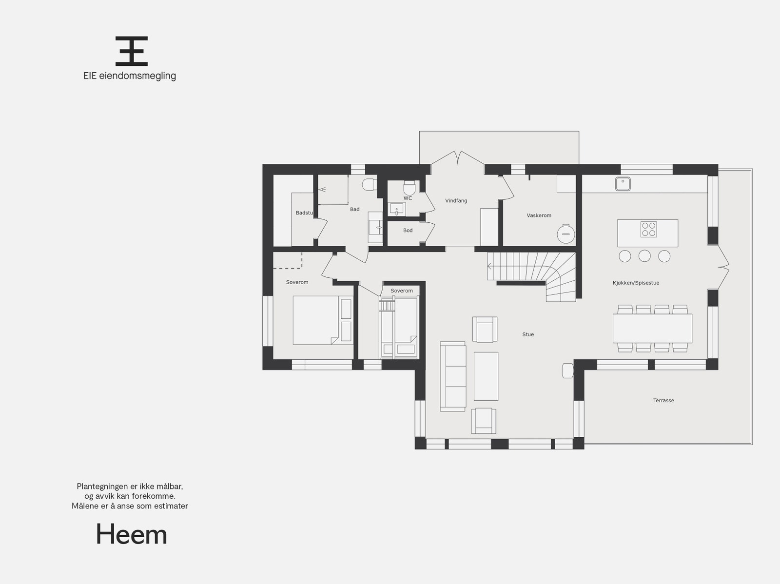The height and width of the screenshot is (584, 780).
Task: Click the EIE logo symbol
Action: (x=132, y=51)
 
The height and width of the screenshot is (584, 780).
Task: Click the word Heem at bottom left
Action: (x=132, y=535)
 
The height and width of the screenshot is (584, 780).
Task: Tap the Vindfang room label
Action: (x=456, y=200)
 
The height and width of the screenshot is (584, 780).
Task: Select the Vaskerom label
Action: (x=539, y=215)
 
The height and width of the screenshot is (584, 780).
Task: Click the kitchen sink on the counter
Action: (x=623, y=184)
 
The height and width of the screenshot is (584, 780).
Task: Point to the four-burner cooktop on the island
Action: (x=648, y=229)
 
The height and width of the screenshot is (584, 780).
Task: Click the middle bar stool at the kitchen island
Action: (x=644, y=256)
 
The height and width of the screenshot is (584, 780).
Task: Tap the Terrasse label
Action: (x=663, y=401)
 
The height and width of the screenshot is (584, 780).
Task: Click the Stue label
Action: (x=528, y=334)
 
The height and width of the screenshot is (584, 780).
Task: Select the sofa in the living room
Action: (x=453, y=376)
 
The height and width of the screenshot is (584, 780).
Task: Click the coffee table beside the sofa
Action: (x=486, y=376)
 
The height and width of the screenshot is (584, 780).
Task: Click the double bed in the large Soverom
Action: (x=316, y=320)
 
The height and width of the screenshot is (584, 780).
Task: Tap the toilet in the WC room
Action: (x=409, y=187)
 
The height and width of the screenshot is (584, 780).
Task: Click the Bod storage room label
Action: (x=408, y=231)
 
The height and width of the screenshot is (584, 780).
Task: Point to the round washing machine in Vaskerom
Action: (x=566, y=234)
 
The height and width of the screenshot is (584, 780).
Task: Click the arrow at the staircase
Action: (x=489, y=266)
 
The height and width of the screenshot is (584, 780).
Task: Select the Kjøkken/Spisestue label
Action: (x=636, y=283)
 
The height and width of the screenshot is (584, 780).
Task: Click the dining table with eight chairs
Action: (x=652, y=329)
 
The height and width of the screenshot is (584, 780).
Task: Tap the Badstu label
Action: (x=304, y=213)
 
